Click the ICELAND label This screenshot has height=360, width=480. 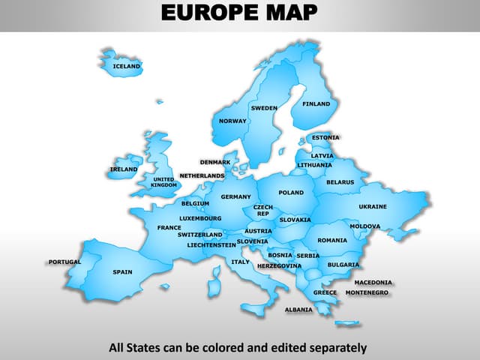(126, 66)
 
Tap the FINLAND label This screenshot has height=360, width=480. (316, 103)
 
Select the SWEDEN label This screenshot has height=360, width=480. (264, 108)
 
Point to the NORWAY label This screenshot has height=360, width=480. (232, 121)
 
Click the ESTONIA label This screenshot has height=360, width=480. (325, 137)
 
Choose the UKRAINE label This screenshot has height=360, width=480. (373, 206)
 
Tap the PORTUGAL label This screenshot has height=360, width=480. (64, 262)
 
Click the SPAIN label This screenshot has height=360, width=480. (122, 271)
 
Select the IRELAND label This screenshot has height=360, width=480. (124, 169)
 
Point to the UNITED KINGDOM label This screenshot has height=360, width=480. (164, 182)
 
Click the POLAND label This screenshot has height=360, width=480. (291, 193)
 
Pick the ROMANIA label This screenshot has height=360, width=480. (332, 240)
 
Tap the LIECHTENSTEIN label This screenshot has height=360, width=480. (211, 244)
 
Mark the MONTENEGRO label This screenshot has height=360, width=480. (367, 292)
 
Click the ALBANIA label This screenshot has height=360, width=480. (298, 309)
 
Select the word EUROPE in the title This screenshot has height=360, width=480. (208, 13)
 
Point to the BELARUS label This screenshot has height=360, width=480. (340, 182)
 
